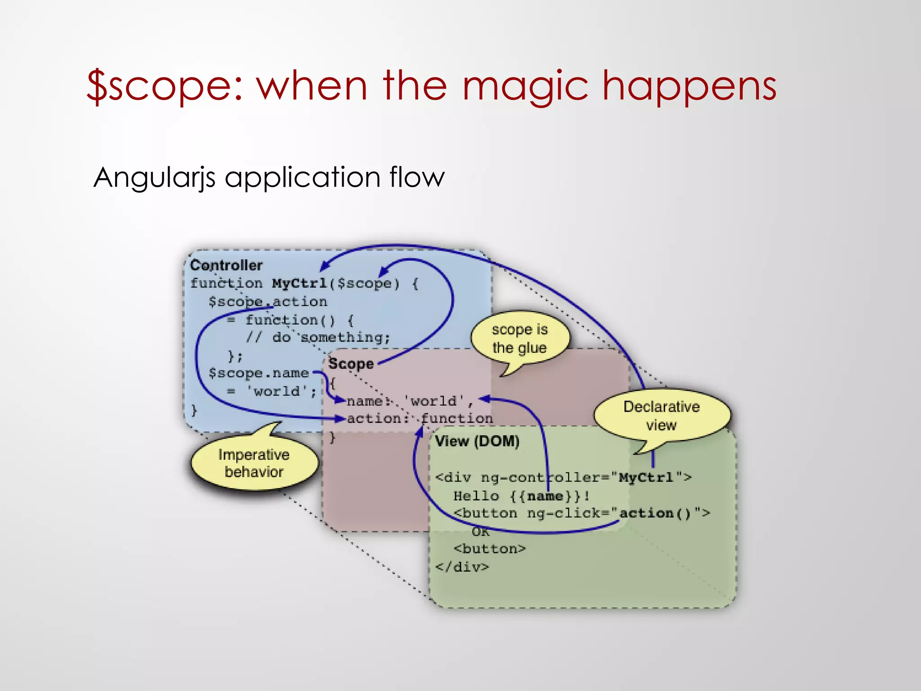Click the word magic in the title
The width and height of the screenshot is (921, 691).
[525, 86]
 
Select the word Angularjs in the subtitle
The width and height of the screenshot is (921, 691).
[154, 177]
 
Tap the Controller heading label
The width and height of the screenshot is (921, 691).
[226, 265]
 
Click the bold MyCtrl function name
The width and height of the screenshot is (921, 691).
[300, 283]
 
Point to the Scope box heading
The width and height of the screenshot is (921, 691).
[351, 363]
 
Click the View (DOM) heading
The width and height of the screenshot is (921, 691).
[477, 441]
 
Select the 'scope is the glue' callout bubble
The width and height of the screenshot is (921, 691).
[519, 338]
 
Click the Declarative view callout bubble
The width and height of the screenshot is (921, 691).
[661, 415]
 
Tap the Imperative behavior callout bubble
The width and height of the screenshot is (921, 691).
[254, 463]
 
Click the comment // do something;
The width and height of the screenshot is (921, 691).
[317, 337]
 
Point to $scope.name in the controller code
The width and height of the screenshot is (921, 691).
[259, 373]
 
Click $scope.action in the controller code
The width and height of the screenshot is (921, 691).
[268, 302]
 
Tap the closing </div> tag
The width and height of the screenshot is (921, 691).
[462, 567]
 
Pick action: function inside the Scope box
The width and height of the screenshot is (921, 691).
[420, 419]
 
